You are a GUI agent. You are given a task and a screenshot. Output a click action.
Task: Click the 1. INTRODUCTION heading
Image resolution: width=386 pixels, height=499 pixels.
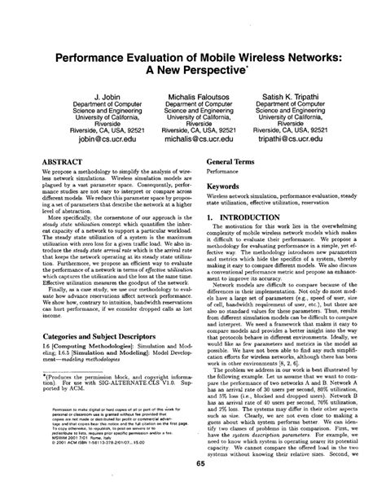(x=247, y=219)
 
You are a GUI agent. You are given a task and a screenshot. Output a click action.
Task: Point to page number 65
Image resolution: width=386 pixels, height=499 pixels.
(x=193, y=485)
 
